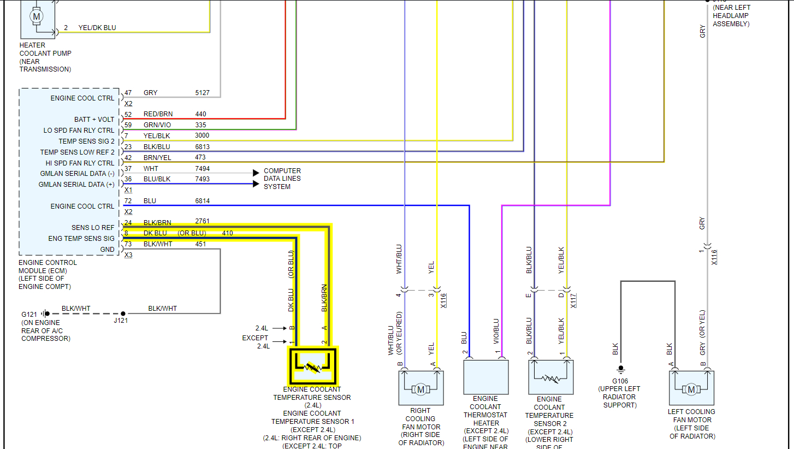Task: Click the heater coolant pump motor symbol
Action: click(x=37, y=17)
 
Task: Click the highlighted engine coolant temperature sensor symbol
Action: click(x=313, y=365)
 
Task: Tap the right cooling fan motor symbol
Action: click(x=420, y=389)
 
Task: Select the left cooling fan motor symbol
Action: click(x=691, y=389)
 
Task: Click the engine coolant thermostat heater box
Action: click(x=485, y=377)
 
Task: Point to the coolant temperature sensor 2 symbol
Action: click(x=550, y=377)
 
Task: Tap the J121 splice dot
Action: click(x=123, y=314)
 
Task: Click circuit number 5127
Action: click(x=203, y=93)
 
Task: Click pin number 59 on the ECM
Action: click(x=128, y=125)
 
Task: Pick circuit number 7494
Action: click(x=203, y=169)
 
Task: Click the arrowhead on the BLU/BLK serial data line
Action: click(x=256, y=184)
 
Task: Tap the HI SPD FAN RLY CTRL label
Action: click(x=80, y=163)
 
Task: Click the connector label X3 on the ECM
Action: click(x=128, y=255)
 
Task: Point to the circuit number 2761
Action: click(x=203, y=221)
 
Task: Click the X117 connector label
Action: click(x=573, y=300)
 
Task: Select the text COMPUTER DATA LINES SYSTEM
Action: click(x=282, y=179)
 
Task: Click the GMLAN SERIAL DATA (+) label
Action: click(x=76, y=185)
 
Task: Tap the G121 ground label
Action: click(x=29, y=315)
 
